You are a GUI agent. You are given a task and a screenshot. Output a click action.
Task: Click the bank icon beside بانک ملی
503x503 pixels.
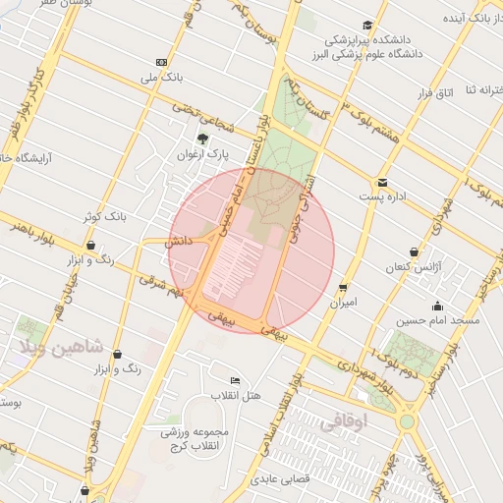tap(162, 62)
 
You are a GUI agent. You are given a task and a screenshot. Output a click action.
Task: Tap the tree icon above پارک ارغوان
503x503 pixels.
tap(202, 139)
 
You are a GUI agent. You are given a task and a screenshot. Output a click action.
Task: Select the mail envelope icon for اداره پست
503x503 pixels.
tap(382, 181)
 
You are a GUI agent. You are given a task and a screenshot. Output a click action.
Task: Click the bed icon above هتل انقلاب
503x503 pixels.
tap(234, 380)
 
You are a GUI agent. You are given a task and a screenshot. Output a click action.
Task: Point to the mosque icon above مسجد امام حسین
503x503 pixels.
tap(437, 305)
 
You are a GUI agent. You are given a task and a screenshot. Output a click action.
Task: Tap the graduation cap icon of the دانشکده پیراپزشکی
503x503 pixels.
tap(366, 25)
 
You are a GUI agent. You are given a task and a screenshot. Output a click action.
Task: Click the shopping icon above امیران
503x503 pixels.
tap(342, 287)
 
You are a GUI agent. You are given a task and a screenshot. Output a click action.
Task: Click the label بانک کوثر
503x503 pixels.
tap(103, 215)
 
